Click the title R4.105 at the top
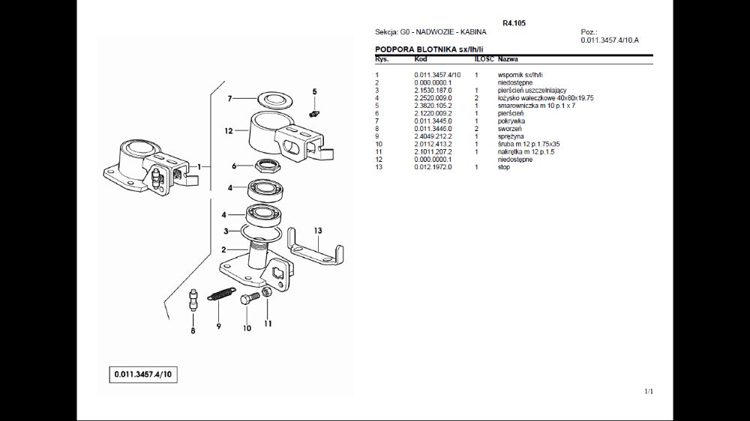tap(514, 23)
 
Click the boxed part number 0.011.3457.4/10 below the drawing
tap(145, 374)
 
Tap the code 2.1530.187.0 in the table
tap(433, 90)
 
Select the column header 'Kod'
tap(421, 58)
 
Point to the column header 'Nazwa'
tap(508, 58)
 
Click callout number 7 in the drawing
tap(230, 98)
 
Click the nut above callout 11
tap(267, 292)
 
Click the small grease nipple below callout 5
tap(315, 113)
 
